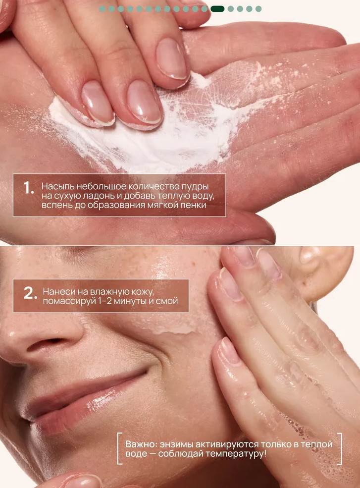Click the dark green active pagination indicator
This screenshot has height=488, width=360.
pyautogui.click(x=217, y=9)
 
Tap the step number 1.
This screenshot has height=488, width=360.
pyautogui.click(x=28, y=188)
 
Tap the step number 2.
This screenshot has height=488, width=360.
pyautogui.click(x=30, y=293)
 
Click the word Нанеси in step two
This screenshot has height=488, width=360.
pyautogui.click(x=58, y=292)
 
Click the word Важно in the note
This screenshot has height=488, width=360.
pyautogui.click(x=139, y=444)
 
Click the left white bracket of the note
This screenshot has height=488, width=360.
pyautogui.click(x=119, y=448)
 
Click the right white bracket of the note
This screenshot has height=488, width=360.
pyautogui.click(x=340, y=448)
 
